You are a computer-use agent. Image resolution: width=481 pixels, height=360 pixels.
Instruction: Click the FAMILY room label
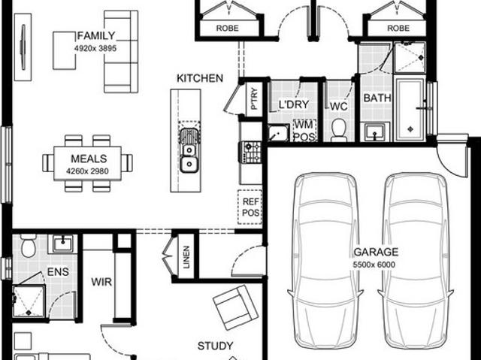pyautogui.click(x=96, y=36)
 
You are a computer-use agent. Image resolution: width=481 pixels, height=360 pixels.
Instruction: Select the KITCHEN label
pyautogui.click(x=199, y=78)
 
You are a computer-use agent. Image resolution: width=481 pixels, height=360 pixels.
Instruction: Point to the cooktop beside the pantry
pyautogui.click(x=250, y=153)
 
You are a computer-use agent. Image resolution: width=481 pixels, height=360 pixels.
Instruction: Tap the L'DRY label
pyautogui.click(x=294, y=104)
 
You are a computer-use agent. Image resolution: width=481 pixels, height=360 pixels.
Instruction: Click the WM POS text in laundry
pyautogui.click(x=303, y=129)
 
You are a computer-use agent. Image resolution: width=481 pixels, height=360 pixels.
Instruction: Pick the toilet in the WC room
pyautogui.click(x=338, y=129)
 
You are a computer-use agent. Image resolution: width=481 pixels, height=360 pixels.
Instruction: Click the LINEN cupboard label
pyautogui.click(x=186, y=256)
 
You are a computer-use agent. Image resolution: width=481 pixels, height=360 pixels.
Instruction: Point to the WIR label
pyautogui.click(x=102, y=283)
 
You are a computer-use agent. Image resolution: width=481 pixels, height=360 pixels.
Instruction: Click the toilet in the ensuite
pyautogui.click(x=29, y=246)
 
